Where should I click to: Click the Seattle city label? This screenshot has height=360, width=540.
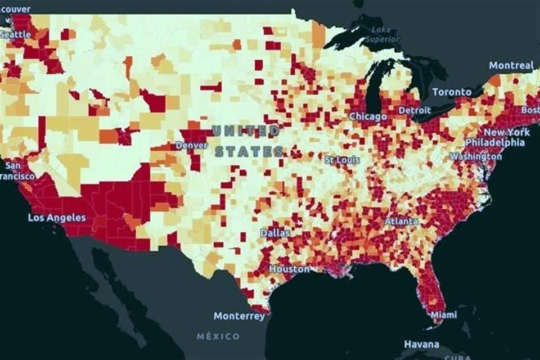(15, 34)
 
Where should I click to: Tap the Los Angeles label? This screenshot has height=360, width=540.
(57, 218)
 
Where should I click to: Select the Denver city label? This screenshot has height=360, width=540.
(191, 145)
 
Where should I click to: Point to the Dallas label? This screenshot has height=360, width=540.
(275, 232)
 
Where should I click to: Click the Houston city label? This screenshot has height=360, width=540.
(289, 269)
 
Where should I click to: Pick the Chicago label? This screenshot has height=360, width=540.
(368, 116)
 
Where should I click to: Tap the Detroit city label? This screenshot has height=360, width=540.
(415, 110)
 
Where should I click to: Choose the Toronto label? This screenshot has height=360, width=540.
(452, 92)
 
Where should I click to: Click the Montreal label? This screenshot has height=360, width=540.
(511, 65)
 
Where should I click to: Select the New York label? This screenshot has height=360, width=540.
(507, 132)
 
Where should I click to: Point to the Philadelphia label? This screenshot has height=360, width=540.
(494, 142)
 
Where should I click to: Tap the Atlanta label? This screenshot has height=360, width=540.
(401, 221)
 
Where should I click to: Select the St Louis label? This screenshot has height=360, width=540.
(342, 160)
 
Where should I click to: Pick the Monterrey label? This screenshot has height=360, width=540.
(239, 316)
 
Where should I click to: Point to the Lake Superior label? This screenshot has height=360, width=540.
(382, 34)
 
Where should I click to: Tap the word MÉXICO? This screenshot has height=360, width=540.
(218, 336)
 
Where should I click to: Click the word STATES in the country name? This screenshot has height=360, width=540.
(249, 151)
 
